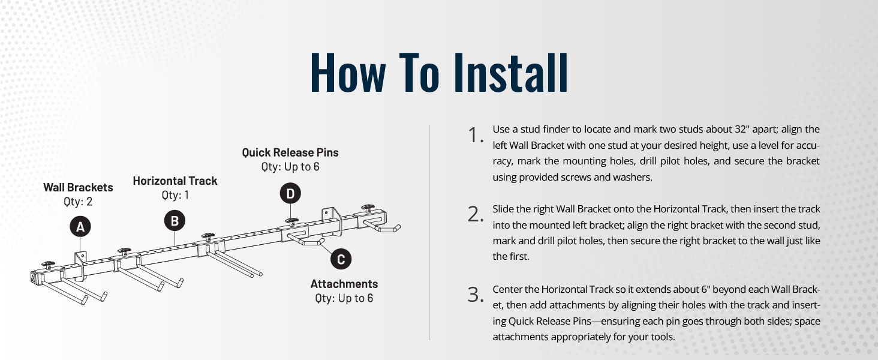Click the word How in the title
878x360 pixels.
click(348, 73)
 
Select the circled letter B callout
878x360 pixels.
click(175, 221)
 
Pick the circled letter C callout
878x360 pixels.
click(341, 259)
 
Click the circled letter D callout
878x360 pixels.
click(290, 193)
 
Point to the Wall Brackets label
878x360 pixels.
click(78, 188)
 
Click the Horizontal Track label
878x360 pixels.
click(175, 181)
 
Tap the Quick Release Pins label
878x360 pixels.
click(290, 152)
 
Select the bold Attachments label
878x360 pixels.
click(344, 284)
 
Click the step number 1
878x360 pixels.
click(476, 136)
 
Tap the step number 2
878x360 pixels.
click(475, 215)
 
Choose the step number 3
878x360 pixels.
click(475, 295)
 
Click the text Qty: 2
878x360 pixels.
click(78, 202)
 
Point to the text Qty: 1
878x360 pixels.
click(175, 195)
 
